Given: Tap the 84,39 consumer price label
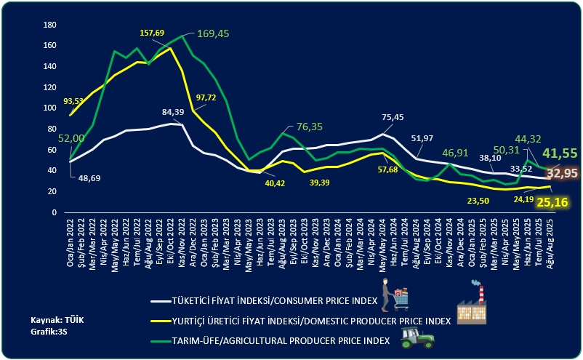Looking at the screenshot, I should (x=172, y=111).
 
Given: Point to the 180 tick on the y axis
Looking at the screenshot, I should (x=50, y=25).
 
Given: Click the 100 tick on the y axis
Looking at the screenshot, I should (x=50, y=108).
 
